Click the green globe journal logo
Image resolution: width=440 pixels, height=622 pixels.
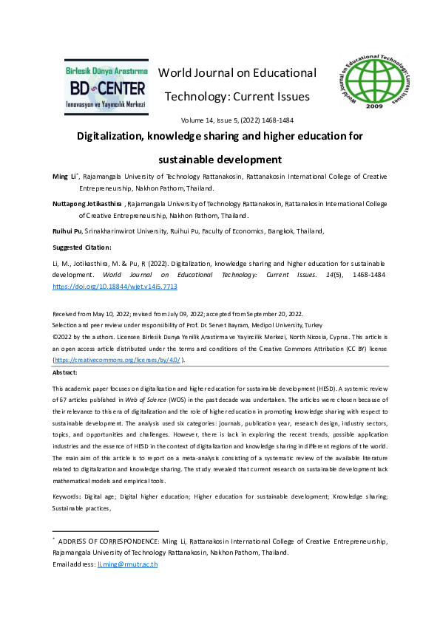[x=373, y=83]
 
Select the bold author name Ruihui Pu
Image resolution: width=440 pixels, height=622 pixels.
[x=67, y=231]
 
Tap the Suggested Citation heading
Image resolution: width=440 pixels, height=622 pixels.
[x=81, y=247]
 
